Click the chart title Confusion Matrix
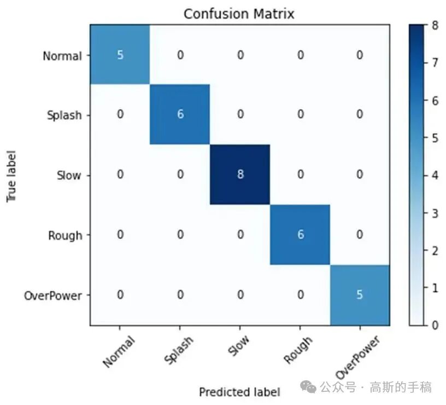click(239, 14)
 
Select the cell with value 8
click(240, 175)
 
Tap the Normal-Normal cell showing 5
click(120, 55)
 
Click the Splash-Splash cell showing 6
click(180, 115)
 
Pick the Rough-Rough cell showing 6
click(300, 235)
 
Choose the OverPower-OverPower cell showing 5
click(360, 295)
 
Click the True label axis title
click(12, 175)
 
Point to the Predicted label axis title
click(239, 392)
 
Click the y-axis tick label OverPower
click(53, 296)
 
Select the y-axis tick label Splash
click(64, 115)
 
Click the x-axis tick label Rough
click(299, 350)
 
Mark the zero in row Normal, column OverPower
click(360, 55)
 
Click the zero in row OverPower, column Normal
click(120, 295)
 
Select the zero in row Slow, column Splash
click(180, 175)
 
